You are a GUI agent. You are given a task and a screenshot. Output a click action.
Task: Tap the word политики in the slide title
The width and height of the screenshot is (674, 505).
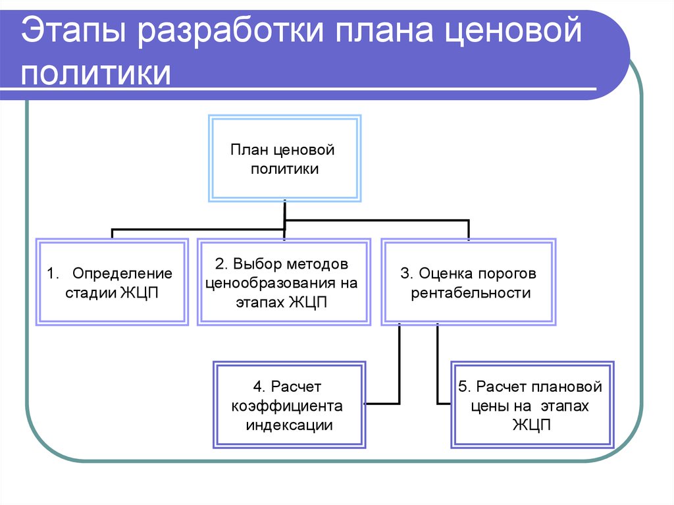click(x=97, y=72)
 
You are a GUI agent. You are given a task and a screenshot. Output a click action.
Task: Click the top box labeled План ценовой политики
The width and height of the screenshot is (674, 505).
click(x=284, y=159)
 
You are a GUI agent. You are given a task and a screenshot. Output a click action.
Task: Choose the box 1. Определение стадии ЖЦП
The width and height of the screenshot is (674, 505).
click(x=112, y=282)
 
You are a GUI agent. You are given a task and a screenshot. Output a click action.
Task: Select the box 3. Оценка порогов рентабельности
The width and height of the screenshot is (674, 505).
click(x=469, y=282)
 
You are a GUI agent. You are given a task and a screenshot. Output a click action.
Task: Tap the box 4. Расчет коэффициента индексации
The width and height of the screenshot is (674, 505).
click(x=289, y=405)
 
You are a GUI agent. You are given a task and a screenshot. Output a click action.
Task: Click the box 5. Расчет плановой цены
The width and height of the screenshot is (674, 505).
click(x=532, y=405)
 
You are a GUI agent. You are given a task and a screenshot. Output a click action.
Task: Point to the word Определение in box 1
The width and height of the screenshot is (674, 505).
click(x=122, y=273)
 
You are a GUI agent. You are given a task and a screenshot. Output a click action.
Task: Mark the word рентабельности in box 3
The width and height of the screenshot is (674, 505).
click(x=471, y=294)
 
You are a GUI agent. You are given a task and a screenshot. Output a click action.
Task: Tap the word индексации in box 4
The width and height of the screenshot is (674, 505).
click(x=289, y=425)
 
